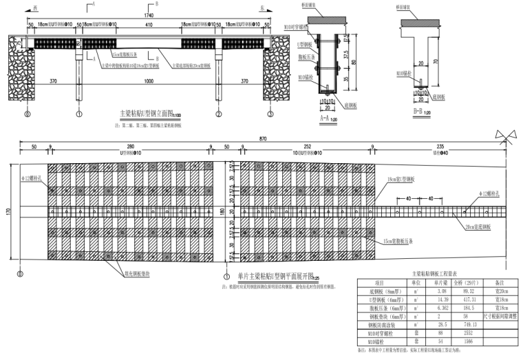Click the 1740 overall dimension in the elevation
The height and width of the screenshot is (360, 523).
pos(148,14)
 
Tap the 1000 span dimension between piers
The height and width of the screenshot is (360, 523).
pos(148,82)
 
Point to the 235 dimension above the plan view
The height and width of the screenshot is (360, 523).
pos(440,147)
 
